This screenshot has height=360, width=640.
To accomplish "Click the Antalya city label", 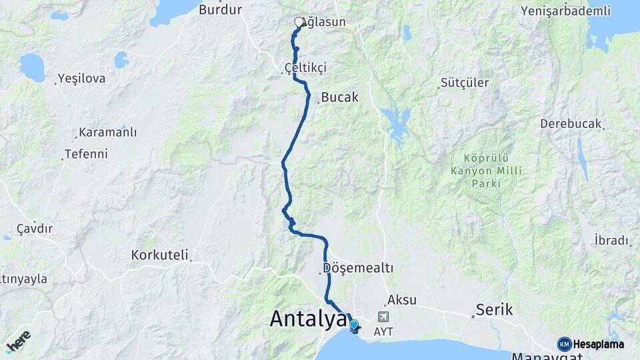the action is click(308, 319).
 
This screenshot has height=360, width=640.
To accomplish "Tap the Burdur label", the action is click(220, 9).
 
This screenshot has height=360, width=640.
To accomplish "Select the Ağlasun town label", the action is click(325, 22).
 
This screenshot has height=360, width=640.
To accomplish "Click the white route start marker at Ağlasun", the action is click(299, 22).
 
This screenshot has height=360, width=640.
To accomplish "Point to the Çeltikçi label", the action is click(305, 68).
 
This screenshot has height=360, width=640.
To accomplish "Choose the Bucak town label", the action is click(339, 97).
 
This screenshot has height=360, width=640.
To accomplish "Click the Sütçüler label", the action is click(465, 83).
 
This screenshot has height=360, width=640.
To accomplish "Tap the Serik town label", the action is click(494, 309).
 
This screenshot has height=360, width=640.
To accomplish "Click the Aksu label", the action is click(401, 301).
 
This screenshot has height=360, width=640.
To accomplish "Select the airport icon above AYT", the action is click(383, 317).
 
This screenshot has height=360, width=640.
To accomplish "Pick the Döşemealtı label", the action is click(358, 268).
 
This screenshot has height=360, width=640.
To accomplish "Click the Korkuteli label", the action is click(159, 255).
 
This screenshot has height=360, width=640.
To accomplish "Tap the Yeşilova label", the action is click(81, 79).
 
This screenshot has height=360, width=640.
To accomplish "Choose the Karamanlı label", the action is click(107, 132).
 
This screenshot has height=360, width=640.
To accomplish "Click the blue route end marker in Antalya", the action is click(354, 325).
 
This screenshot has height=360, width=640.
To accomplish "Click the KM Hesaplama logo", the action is click(591, 344).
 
